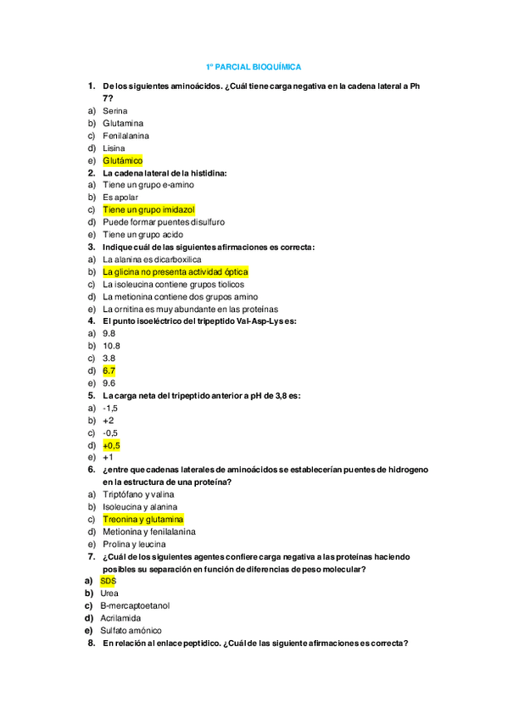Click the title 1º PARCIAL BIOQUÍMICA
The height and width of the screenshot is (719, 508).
tap(254, 67)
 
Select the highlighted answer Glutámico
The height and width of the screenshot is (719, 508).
tap(122, 160)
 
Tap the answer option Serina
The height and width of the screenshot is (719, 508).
tap(115, 111)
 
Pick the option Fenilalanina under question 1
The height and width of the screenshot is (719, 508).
tap(126, 136)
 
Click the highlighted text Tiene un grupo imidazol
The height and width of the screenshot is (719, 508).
tap(148, 209)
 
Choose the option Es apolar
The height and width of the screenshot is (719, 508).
tap(120, 198)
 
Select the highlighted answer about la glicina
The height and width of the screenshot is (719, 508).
tap(175, 272)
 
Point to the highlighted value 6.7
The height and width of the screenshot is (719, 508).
tap(109, 371)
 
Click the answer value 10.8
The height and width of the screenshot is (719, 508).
tap(111, 346)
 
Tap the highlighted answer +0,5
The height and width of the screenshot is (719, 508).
tap(111, 445)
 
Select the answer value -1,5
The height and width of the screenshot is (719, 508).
tap(110, 408)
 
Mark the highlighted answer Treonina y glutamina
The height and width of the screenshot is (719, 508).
tap(142, 519)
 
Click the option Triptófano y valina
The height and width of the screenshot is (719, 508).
tap(138, 494)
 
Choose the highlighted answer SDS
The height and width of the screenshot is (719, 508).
tap(108, 581)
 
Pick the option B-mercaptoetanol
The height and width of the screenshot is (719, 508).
tap(135, 605)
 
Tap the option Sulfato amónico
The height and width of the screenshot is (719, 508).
tap(131, 630)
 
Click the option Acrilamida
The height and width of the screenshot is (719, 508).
tap(120, 618)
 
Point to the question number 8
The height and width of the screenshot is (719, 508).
tap(91, 643)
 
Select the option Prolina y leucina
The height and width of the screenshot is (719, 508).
tap(134, 543)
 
